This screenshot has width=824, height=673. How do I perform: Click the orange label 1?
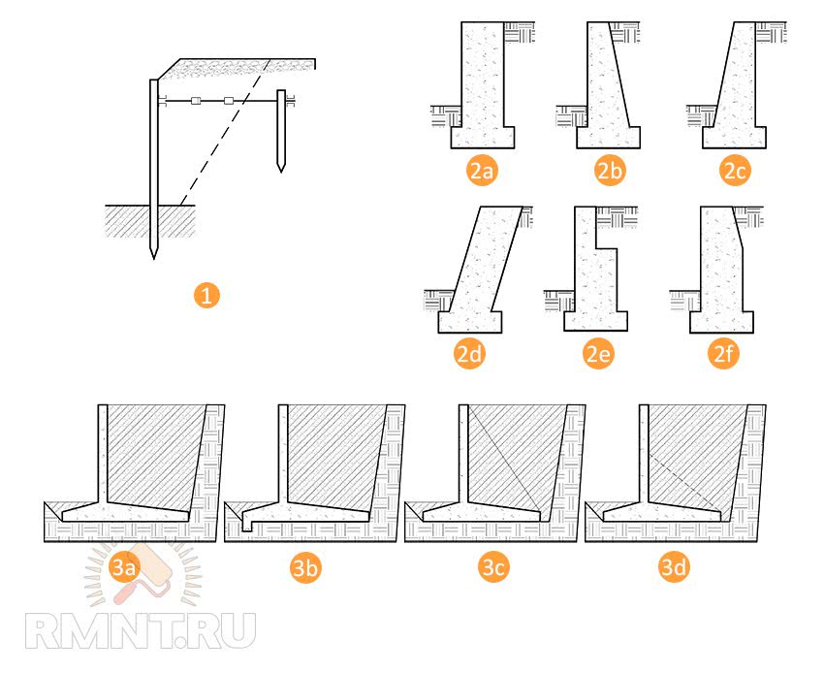[206, 296]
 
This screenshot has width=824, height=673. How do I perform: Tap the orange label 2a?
[482, 171]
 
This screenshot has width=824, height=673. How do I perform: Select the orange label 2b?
[609, 171]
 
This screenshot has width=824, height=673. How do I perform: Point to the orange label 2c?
[735, 171]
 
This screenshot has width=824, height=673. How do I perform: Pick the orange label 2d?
[469, 354]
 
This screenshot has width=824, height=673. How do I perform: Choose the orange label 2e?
[598, 354]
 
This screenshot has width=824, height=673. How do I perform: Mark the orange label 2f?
[723, 354]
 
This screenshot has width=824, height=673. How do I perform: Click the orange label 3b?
[305, 568]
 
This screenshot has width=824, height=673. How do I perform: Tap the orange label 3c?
[493, 568]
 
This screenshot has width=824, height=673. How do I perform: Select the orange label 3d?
[674, 568]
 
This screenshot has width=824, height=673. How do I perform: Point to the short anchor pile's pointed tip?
[281, 172]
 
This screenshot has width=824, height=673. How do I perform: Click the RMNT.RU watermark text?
[141, 631]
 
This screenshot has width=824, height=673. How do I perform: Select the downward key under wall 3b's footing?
[246, 526]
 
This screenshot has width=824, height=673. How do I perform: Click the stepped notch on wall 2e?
[607, 248]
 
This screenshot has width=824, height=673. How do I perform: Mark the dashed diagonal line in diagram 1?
[226, 132]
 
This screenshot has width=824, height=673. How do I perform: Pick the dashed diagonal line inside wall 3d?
[684, 482]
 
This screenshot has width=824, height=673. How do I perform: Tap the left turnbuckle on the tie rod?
[196, 101]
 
